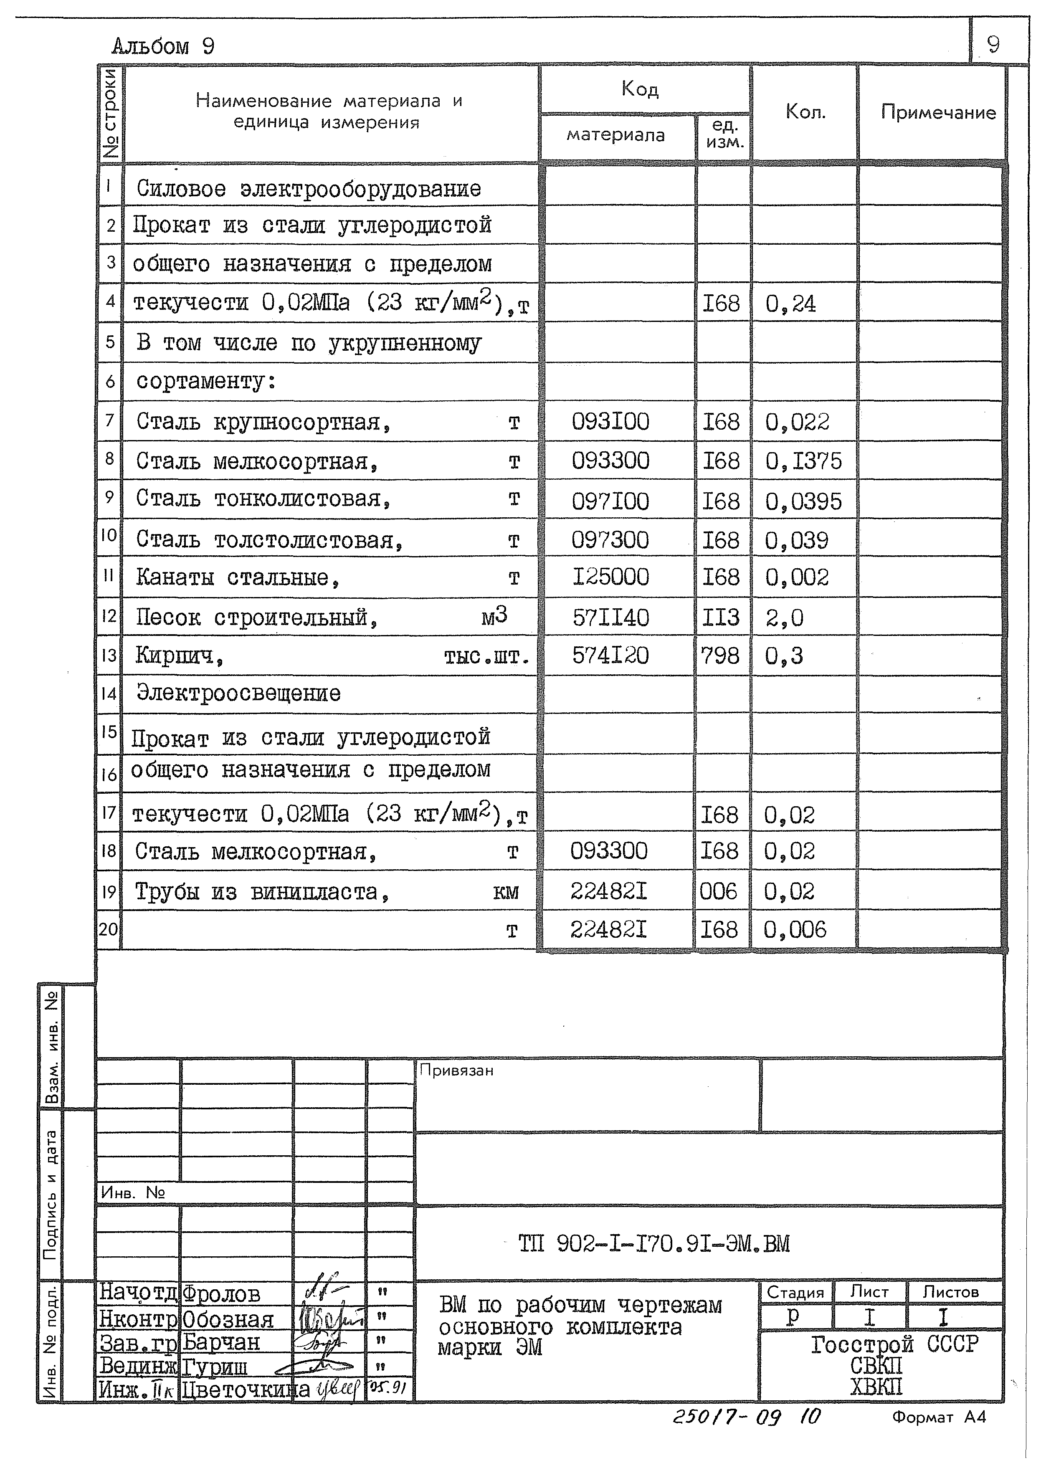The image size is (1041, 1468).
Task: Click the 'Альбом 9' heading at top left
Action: pyautogui.click(x=163, y=46)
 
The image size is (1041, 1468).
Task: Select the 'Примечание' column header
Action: pyautogui.click(x=938, y=112)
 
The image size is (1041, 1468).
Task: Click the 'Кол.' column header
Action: pyautogui.click(x=805, y=112)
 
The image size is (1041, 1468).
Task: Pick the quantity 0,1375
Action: pyautogui.click(x=803, y=461)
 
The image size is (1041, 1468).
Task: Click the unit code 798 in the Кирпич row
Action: pyautogui.click(x=720, y=656)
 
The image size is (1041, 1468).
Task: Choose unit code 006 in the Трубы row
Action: pyautogui.click(x=719, y=891)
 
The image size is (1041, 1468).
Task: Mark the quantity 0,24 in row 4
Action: pyautogui.click(x=790, y=304)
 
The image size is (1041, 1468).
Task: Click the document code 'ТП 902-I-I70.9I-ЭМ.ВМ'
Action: pyautogui.click(x=654, y=1244)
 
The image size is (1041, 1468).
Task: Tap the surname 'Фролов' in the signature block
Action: pyautogui.click(x=221, y=1294)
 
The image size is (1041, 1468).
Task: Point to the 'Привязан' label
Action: pyautogui.click(x=456, y=1071)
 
